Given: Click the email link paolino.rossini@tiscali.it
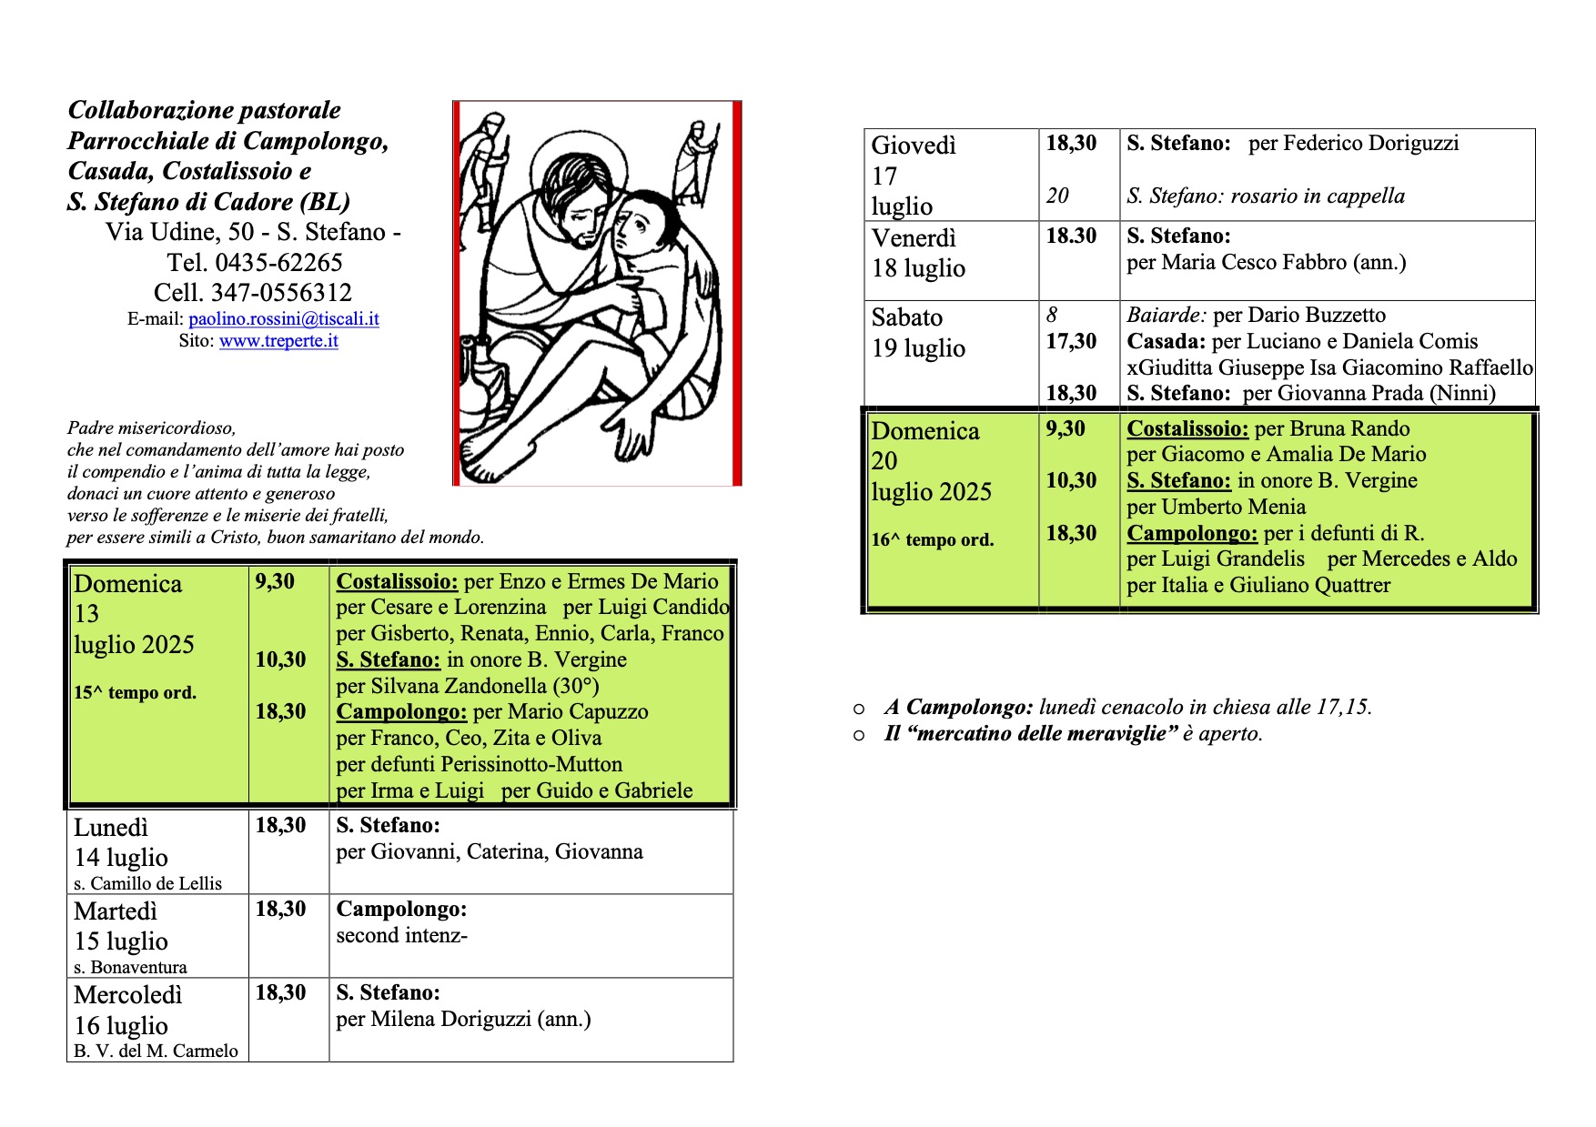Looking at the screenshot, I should pyautogui.click(x=283, y=319).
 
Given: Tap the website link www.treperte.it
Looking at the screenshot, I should pyautogui.click(x=278, y=341).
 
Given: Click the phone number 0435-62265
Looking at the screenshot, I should pyautogui.click(x=278, y=263).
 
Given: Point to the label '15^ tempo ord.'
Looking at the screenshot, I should pyautogui.click(x=135, y=693).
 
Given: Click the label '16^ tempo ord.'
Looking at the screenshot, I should pyautogui.click(x=932, y=540).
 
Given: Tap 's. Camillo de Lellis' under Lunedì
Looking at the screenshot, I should pyautogui.click(x=147, y=883).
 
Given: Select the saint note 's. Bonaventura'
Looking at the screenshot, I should pyautogui.click(x=130, y=967).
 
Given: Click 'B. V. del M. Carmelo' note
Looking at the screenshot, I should pyautogui.click(x=156, y=1052).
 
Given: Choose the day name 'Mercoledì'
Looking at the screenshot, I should pyautogui.click(x=127, y=995).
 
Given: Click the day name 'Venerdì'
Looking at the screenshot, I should pyautogui.click(x=914, y=238).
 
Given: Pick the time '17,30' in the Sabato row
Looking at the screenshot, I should pyautogui.click(x=1071, y=342).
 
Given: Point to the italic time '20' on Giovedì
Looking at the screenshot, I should pyautogui.click(x=1057, y=196).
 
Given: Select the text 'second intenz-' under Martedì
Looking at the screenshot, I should pyautogui.click(x=401, y=936).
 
